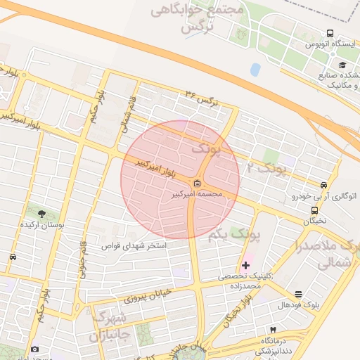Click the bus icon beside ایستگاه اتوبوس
330,33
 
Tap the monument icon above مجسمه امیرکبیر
196,184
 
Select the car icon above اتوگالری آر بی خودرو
323,185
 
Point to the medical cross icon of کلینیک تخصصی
245,265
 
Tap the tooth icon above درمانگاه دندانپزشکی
273,329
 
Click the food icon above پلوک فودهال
298,294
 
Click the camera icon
34,349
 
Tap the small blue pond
255,69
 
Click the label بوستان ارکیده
44,225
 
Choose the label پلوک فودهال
299,305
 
